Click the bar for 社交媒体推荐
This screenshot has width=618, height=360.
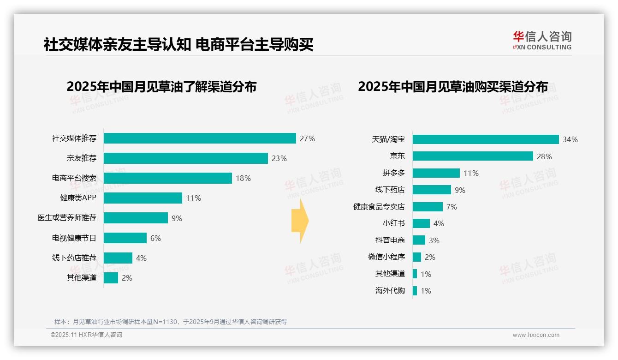200,138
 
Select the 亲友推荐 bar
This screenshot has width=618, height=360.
185,158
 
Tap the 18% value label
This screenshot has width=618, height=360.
243,178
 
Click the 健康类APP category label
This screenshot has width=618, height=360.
78,198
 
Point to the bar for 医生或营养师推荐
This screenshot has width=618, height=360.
136,218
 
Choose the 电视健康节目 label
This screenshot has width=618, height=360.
74,238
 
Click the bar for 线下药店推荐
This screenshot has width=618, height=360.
118,258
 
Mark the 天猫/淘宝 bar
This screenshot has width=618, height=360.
486,139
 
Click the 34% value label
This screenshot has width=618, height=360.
570,139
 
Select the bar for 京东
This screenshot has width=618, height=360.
473,156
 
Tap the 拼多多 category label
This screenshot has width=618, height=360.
393,173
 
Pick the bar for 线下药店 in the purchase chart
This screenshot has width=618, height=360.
432,190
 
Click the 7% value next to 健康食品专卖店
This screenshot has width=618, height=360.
452,207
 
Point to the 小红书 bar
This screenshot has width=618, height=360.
421,223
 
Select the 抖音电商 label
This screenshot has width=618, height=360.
390,240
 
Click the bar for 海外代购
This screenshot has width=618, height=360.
415,291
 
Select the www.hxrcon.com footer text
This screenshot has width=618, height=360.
536,335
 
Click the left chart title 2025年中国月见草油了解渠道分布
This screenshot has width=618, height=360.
161,87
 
